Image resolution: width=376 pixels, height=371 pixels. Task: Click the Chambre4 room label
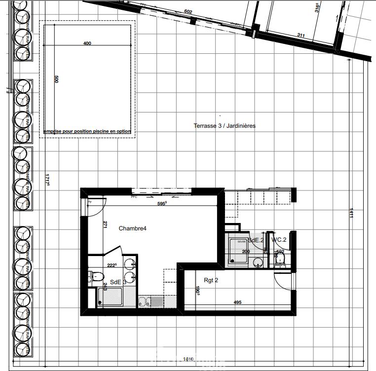pyautogui.click(x=133, y=228)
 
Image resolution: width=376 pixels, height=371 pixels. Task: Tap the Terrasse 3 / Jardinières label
pyautogui.click(x=225, y=126)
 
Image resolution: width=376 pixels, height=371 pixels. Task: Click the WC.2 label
pyautogui.click(x=279, y=240)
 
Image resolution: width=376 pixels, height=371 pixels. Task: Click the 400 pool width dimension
pyautogui.click(x=87, y=43)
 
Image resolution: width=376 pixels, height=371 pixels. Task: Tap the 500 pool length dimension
pyautogui.click(x=56, y=79)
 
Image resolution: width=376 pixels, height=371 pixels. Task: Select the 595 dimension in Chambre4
pyautogui.click(x=161, y=203)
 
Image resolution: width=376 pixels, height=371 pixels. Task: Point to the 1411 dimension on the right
pyautogui.click(x=351, y=213)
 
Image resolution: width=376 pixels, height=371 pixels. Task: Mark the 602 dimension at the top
pyautogui.click(x=188, y=12)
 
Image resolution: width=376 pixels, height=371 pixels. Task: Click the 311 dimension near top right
pyautogui.click(x=301, y=35)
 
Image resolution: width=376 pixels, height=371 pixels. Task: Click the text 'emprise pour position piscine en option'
pyautogui.click(x=87, y=132)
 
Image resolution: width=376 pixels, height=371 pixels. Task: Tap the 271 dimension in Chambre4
pyautogui.click(x=105, y=224)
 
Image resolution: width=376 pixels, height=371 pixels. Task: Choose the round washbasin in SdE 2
pyautogui.click(x=258, y=264)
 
